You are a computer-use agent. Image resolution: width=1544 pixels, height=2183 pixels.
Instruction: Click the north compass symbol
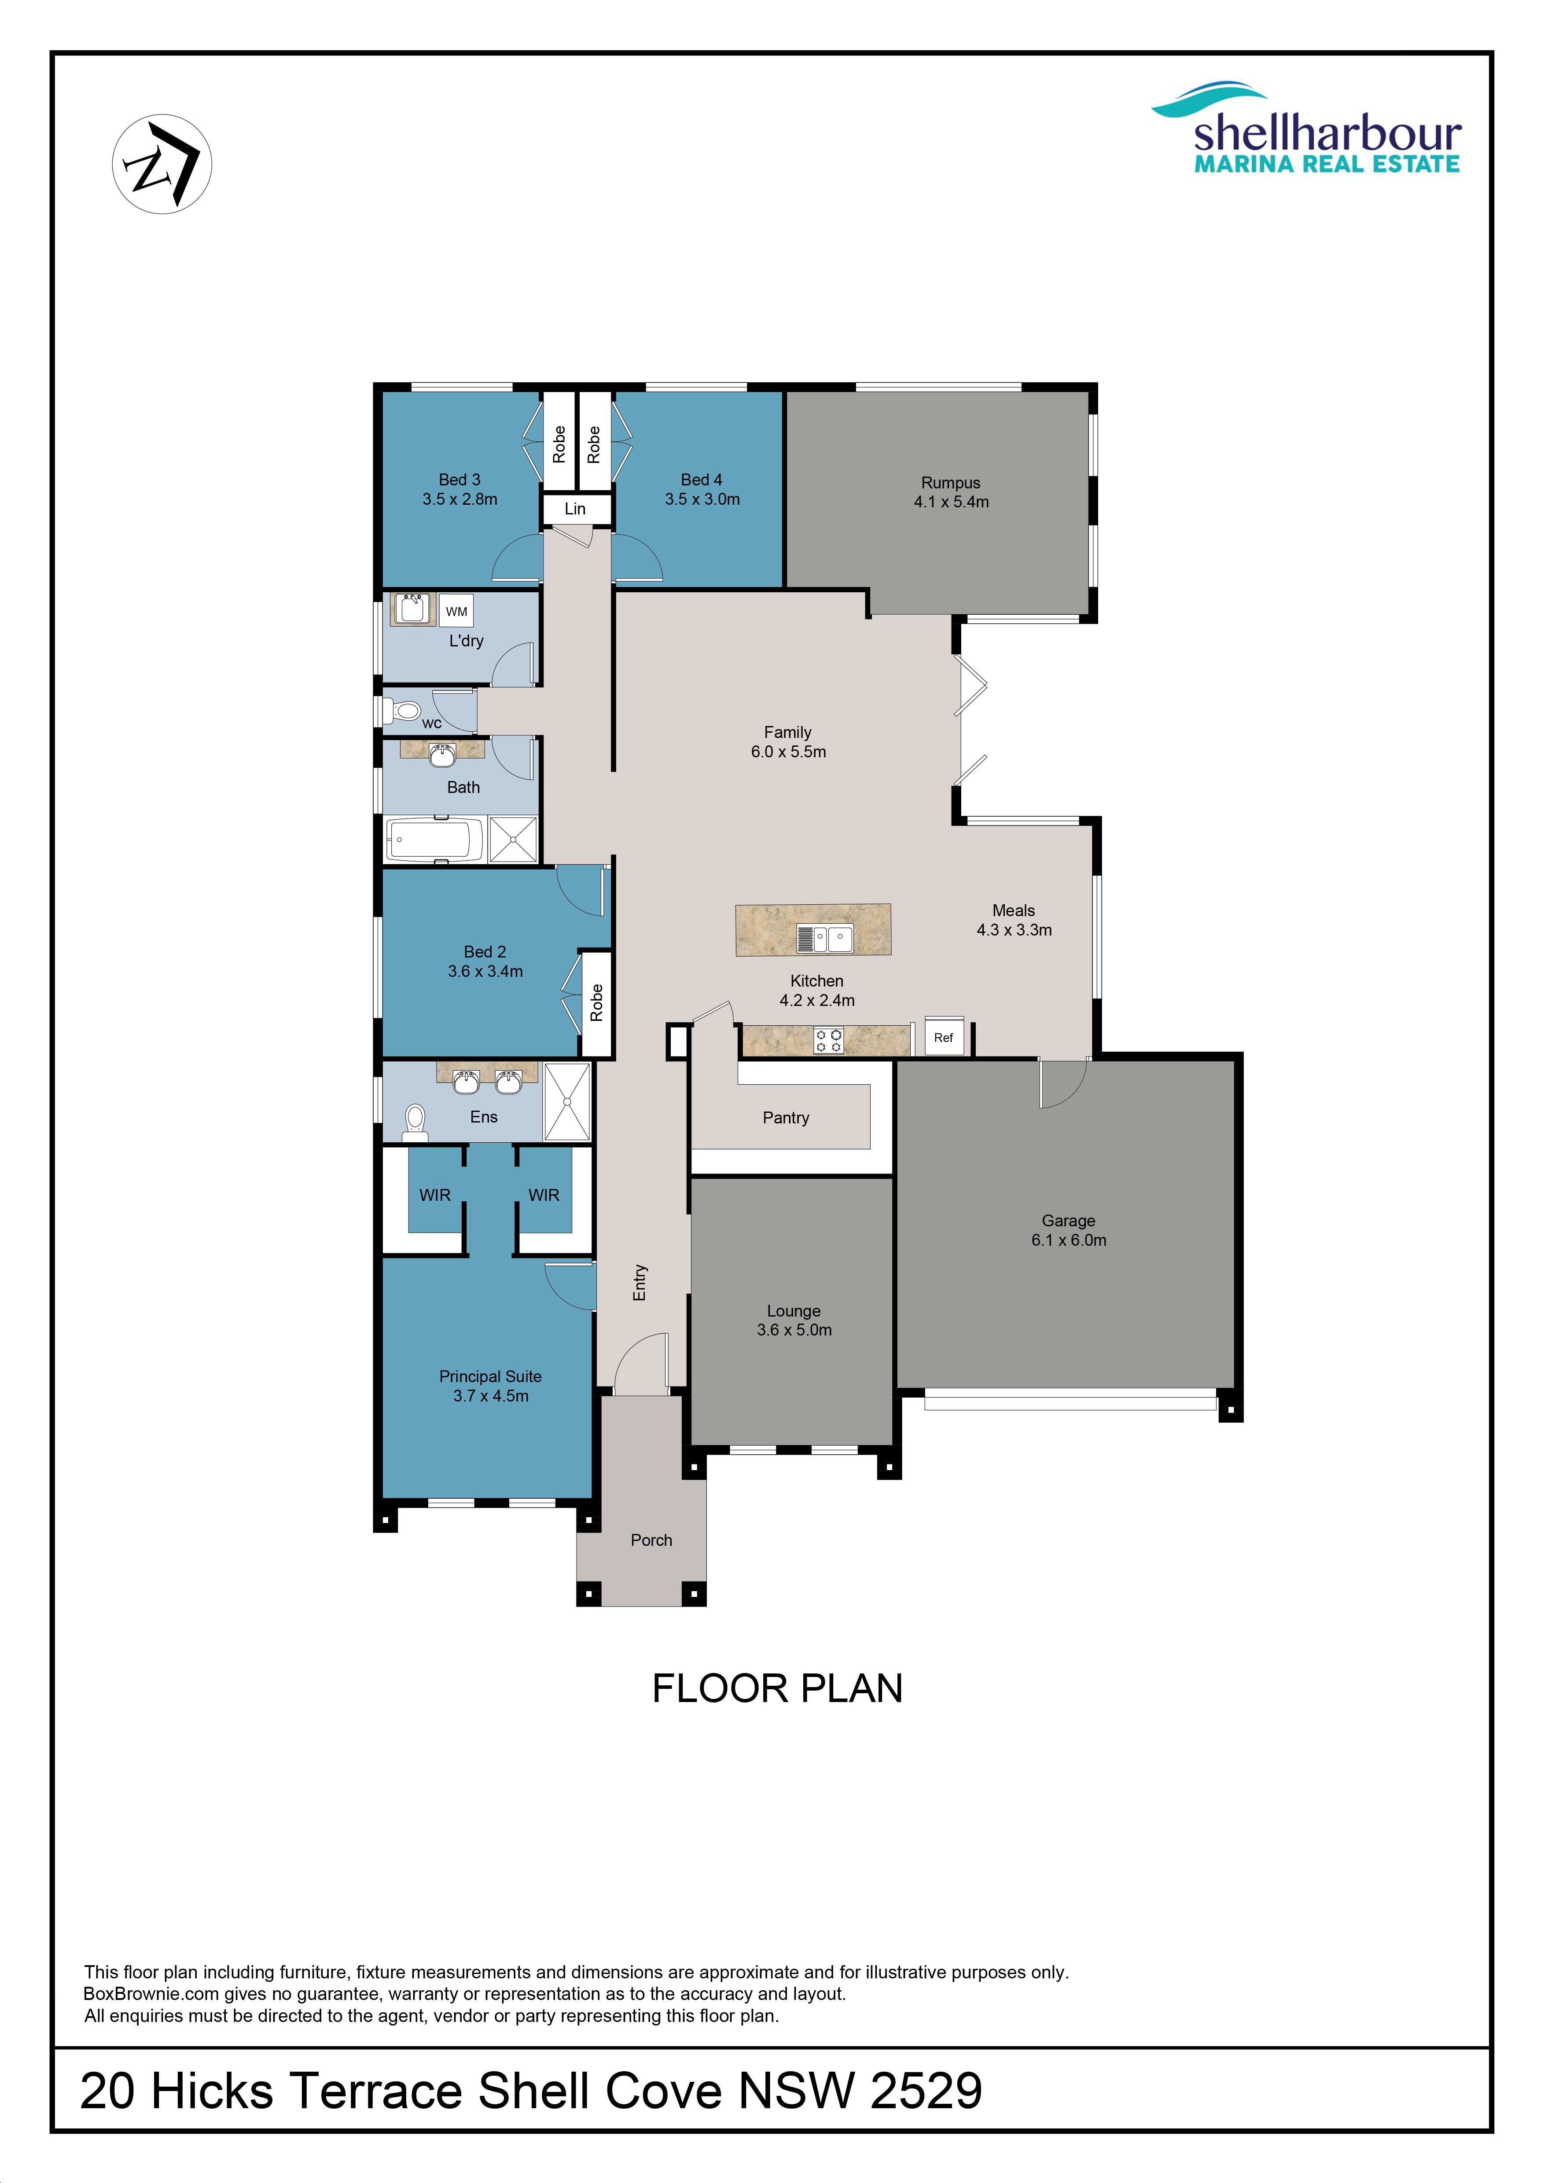pos(162,164)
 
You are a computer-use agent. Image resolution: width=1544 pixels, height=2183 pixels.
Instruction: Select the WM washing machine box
pos(456,611)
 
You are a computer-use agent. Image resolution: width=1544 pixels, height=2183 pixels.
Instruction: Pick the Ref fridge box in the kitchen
pos(944,1037)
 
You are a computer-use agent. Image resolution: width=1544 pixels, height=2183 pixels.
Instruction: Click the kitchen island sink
pos(825,939)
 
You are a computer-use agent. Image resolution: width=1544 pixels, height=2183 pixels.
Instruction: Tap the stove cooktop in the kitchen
pos(828,1040)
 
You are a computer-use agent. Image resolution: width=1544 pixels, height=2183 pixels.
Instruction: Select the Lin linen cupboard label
pos(575,509)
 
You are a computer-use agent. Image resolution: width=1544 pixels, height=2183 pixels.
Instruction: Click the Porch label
pos(651,1540)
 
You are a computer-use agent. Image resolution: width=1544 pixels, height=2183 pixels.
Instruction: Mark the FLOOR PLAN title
pos(778,1688)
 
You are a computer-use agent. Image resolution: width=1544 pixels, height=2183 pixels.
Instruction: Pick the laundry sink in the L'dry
pos(412,609)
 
